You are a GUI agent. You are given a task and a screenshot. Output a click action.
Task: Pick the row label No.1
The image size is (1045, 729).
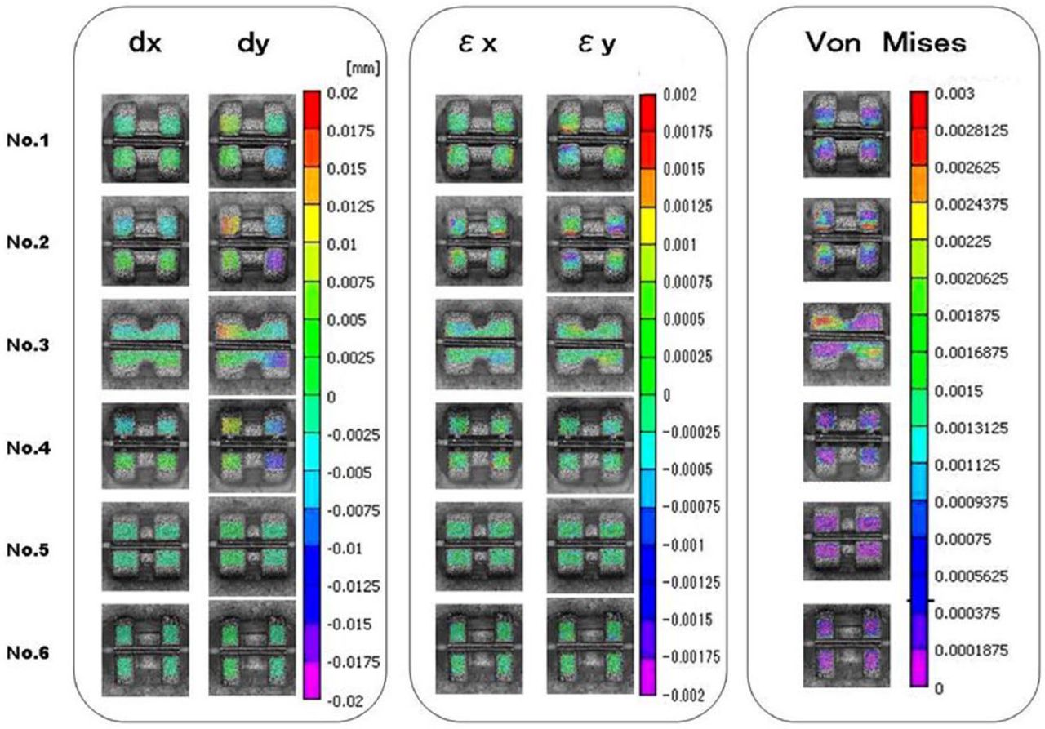tap(34, 140)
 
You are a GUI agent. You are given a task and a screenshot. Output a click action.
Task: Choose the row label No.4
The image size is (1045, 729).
tap(34, 447)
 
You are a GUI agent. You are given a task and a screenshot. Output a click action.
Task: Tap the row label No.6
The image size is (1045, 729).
tap(34, 653)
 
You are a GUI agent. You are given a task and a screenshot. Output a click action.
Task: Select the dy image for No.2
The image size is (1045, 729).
tap(251, 242)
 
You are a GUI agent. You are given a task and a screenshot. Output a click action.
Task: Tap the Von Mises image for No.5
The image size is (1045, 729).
tap(846, 540)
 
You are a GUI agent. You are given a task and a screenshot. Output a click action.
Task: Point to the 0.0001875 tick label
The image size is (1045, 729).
tap(972, 651)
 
